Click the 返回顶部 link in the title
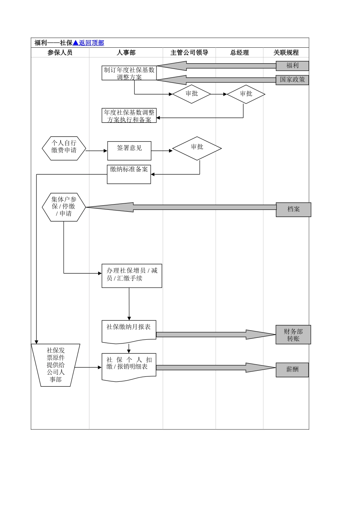point(91,43)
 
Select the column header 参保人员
point(60,53)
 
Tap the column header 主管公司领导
point(189,53)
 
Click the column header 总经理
point(239,53)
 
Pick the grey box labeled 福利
point(292,66)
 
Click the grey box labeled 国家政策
point(292,80)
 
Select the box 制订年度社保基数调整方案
point(129,73)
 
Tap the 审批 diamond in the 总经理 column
point(246,94)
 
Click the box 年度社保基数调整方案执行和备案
point(129,116)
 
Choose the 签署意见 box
point(129,151)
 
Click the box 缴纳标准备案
point(129,174)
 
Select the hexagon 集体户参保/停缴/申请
point(64,207)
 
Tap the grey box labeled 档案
point(293,209)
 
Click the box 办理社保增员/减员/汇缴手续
point(131,276)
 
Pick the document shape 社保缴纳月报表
point(129,331)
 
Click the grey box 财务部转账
point(293,335)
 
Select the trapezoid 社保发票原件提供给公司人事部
point(56,365)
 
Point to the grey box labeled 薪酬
point(292,370)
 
